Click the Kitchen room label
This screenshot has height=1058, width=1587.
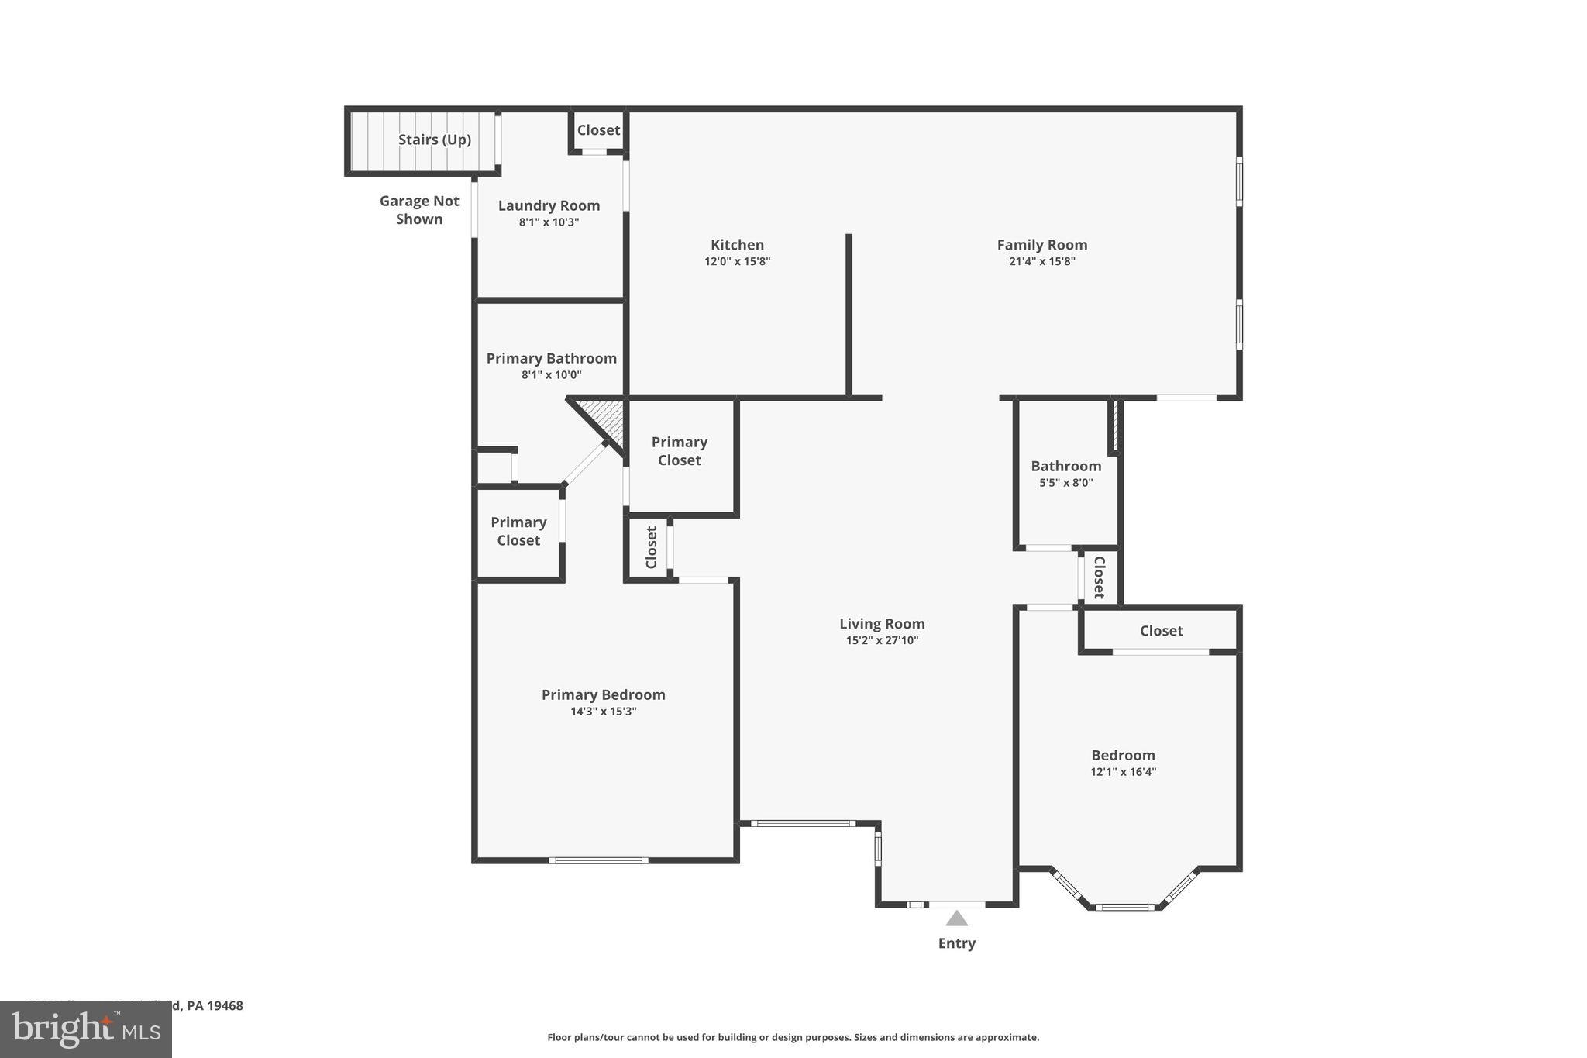737,245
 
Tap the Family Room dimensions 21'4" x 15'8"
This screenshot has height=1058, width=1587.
1041,262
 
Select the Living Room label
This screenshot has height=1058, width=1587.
882,624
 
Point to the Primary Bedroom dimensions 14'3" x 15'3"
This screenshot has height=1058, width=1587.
603,712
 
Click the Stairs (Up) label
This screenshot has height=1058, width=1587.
434,140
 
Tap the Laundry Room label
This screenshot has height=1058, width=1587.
549,205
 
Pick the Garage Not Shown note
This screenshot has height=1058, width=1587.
419,210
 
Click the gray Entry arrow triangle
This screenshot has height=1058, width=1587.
957,919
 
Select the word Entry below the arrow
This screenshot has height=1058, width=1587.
957,943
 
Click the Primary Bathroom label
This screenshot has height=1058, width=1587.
551,358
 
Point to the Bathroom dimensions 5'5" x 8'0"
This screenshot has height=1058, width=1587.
1065,483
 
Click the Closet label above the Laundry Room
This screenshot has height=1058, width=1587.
598,130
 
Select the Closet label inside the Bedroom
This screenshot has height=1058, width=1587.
1161,631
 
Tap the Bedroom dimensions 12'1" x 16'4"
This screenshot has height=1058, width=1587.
1123,772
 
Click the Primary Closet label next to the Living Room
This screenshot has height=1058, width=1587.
679,451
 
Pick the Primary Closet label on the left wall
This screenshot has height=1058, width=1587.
518,532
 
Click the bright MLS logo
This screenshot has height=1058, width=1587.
86,1030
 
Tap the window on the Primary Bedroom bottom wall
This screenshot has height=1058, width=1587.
598,860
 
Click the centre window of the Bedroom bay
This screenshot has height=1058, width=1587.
1124,907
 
